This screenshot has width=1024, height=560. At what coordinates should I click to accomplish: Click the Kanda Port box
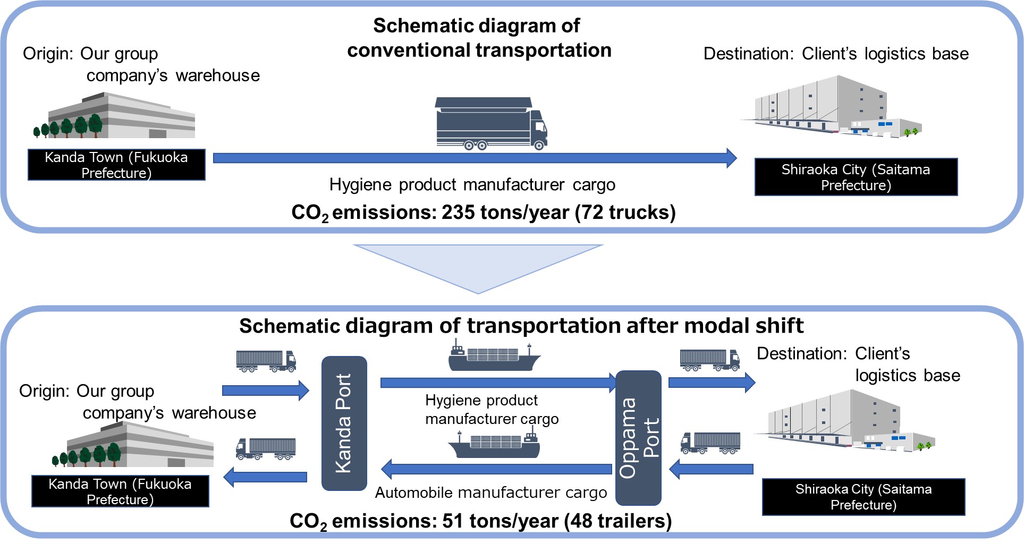coord(344,423)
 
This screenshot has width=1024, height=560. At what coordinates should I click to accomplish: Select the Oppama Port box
coord(638,437)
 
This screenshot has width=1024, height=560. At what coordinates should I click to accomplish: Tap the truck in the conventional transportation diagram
coord(491,124)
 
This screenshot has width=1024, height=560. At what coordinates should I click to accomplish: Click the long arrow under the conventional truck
coord(475,158)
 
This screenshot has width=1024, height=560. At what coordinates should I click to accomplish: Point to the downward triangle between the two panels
coord(478,264)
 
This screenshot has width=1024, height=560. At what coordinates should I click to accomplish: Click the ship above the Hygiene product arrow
coord(494,358)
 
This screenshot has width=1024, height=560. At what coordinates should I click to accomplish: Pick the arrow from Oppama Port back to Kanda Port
coord(496,469)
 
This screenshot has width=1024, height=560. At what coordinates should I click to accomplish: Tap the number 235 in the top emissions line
coord(458,212)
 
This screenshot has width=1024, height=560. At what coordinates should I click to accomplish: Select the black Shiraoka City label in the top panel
coord(856,177)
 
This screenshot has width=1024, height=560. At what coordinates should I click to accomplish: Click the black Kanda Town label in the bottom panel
coord(120,491)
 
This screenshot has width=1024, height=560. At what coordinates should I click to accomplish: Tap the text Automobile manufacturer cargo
coord(490,493)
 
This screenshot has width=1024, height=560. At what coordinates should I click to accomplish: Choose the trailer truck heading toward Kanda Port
coord(266,361)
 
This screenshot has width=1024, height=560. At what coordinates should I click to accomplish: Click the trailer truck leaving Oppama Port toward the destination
coord(709,360)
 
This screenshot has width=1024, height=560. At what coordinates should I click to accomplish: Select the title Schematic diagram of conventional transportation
coord(478,38)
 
